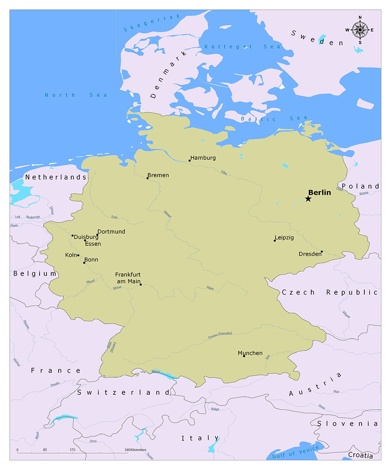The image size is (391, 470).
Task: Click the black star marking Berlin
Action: coord(308,199)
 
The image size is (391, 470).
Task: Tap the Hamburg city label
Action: coord(203,158)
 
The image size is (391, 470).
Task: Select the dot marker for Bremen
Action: coord(147,178)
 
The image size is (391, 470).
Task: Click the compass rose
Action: coord(360,30)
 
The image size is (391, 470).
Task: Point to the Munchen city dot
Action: coord(244,356)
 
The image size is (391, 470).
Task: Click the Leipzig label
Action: coord(284,237)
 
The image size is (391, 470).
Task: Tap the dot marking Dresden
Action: coord(322,251)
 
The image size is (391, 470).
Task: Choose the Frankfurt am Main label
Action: coord(128,278)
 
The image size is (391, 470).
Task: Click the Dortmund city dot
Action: coord(97,235)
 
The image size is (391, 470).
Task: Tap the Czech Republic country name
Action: coord(330,292)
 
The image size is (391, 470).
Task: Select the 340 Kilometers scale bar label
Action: coord(135,450)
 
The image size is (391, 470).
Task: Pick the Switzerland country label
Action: coord(124,392)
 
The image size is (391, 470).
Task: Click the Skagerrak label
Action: coord(152,23)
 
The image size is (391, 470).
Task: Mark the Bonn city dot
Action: coord(84,262)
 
